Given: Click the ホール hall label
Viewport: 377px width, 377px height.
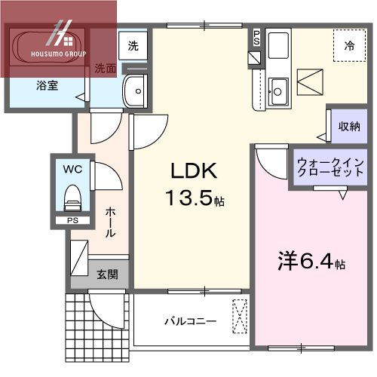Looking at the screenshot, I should click(111, 222).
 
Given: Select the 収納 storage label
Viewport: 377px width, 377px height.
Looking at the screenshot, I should click(349, 126).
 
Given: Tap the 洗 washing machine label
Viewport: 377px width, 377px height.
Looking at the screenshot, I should click(133, 45).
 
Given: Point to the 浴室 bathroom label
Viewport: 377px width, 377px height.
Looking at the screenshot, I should click(47, 87).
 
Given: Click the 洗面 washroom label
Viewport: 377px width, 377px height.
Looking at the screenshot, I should click(106, 68).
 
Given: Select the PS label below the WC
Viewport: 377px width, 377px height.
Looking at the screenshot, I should click(72, 220).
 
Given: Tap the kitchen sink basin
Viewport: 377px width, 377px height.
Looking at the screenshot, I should click(277, 90).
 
